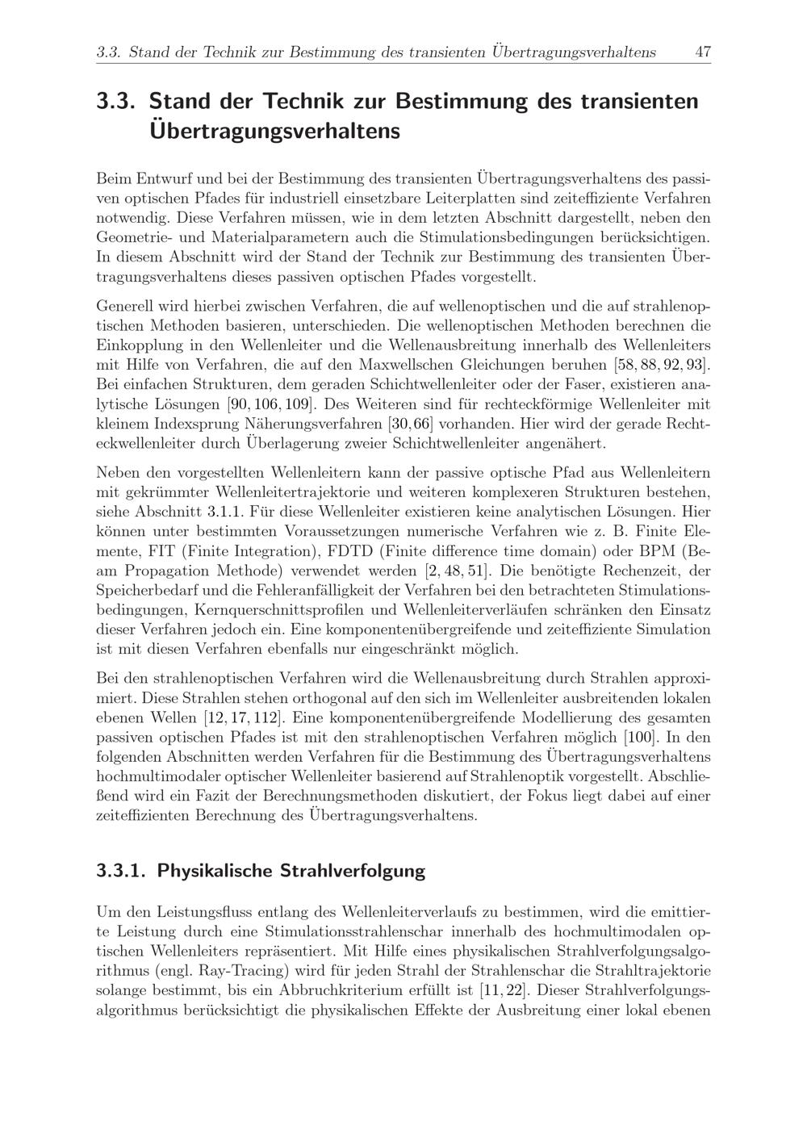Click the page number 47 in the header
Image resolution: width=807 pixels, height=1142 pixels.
pyautogui.click(x=702, y=52)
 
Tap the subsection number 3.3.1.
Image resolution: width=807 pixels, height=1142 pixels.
pyautogui.click(x=121, y=871)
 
